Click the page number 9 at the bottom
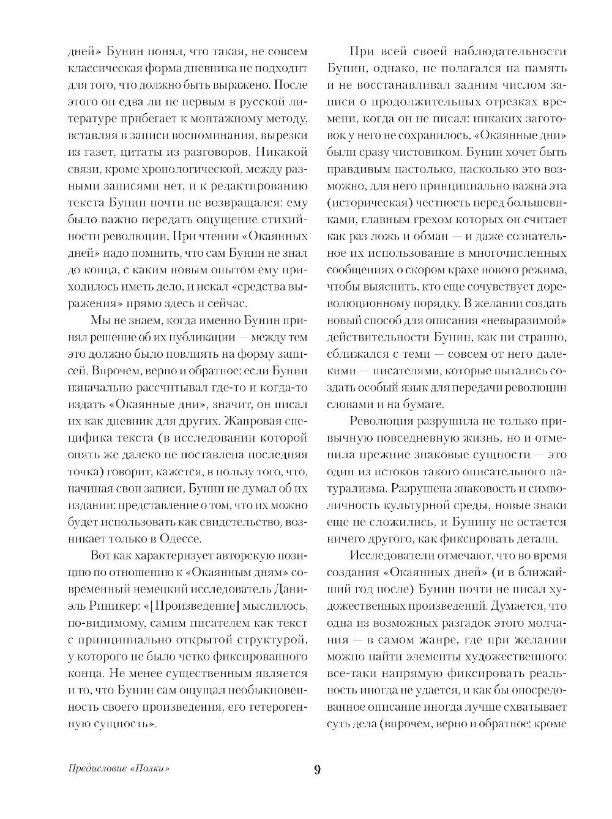point(316,769)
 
